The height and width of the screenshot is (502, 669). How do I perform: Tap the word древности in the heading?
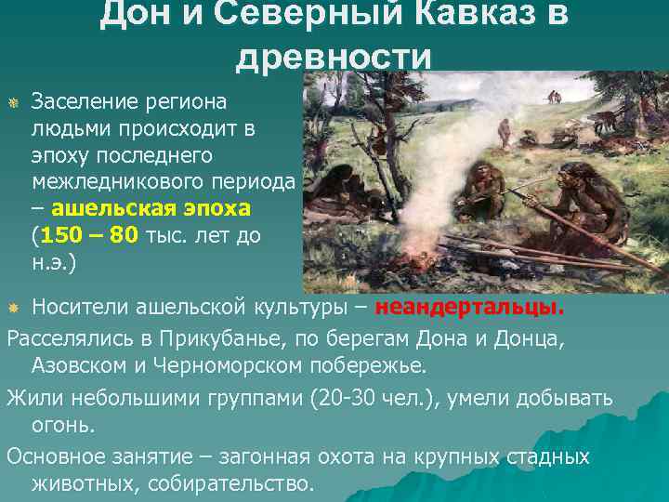click(334, 57)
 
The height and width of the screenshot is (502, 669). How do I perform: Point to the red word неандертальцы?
click(492, 308)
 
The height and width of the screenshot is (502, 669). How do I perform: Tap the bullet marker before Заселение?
click(13, 99)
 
